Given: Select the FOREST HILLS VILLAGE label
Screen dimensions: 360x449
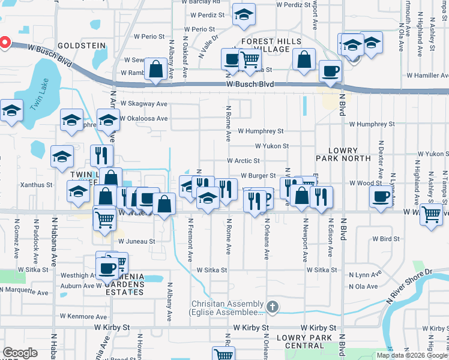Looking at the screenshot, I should (x=274, y=46).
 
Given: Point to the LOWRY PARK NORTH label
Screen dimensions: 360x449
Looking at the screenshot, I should (x=343, y=154).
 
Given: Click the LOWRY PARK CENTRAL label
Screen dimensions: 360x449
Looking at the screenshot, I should (x=305, y=342).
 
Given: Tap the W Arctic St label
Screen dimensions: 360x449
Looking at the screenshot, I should (x=243, y=161).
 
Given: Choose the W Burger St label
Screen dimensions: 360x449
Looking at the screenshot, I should (x=258, y=176).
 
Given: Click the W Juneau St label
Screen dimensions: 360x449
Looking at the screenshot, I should (x=136, y=241).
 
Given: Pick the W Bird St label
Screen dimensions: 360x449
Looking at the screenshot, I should (x=385, y=239).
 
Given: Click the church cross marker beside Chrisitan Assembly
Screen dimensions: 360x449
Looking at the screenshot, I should (x=273, y=308).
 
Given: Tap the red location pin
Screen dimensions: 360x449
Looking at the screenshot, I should (x=4, y=43).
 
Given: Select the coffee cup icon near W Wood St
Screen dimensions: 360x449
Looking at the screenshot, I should (x=380, y=197).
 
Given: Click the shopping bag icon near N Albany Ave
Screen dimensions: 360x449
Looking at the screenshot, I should (x=156, y=68).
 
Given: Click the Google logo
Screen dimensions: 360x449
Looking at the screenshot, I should (x=20, y=353).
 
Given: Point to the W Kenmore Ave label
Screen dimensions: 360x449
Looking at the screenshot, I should (x=83, y=316).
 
